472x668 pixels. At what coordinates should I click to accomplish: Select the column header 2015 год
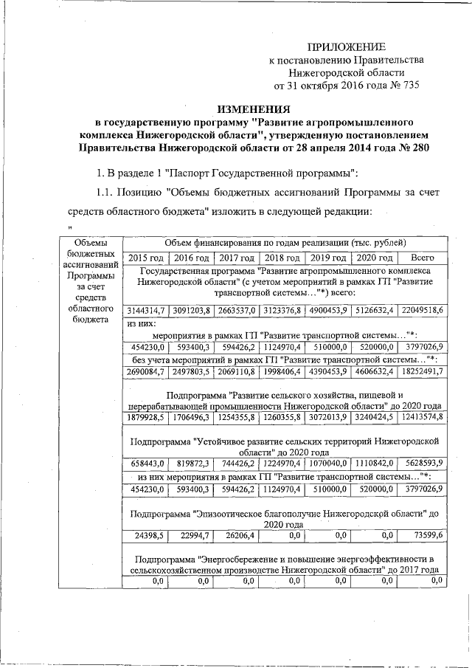tap(145, 258)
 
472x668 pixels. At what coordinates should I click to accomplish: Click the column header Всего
tap(421, 258)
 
